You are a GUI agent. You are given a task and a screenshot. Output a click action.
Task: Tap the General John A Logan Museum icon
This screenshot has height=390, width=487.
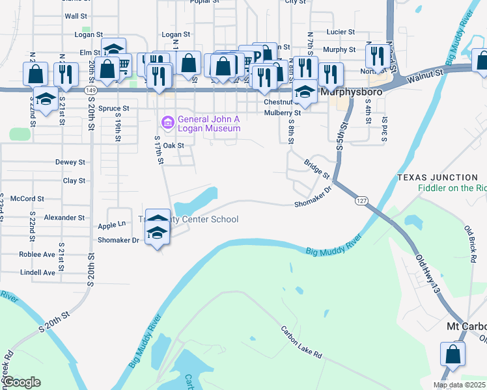point(167,122)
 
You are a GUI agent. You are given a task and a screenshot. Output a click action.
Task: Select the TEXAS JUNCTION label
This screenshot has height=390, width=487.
point(437,177)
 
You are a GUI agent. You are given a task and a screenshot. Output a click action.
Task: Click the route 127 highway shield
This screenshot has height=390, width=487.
point(361,201)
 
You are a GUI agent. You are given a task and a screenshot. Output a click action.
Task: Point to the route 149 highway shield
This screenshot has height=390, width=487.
point(91,90)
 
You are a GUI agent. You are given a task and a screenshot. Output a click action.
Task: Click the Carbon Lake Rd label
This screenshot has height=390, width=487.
point(301,342)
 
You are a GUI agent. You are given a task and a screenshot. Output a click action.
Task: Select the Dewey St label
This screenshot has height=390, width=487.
point(70,162)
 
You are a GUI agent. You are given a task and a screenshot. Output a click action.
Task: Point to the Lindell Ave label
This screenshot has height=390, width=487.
point(38,272)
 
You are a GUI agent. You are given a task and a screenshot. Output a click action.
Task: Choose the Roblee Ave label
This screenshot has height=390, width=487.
point(37,254)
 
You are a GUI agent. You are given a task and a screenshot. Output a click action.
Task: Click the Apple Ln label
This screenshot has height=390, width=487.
point(111,224)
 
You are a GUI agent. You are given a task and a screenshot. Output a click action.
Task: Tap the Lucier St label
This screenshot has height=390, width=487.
point(341,31)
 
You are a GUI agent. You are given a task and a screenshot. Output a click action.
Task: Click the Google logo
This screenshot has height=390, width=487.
point(21,382)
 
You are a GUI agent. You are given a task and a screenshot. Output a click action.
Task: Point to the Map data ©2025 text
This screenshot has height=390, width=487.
point(460,385)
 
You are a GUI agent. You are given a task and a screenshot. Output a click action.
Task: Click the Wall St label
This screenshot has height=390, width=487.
point(76,16)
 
